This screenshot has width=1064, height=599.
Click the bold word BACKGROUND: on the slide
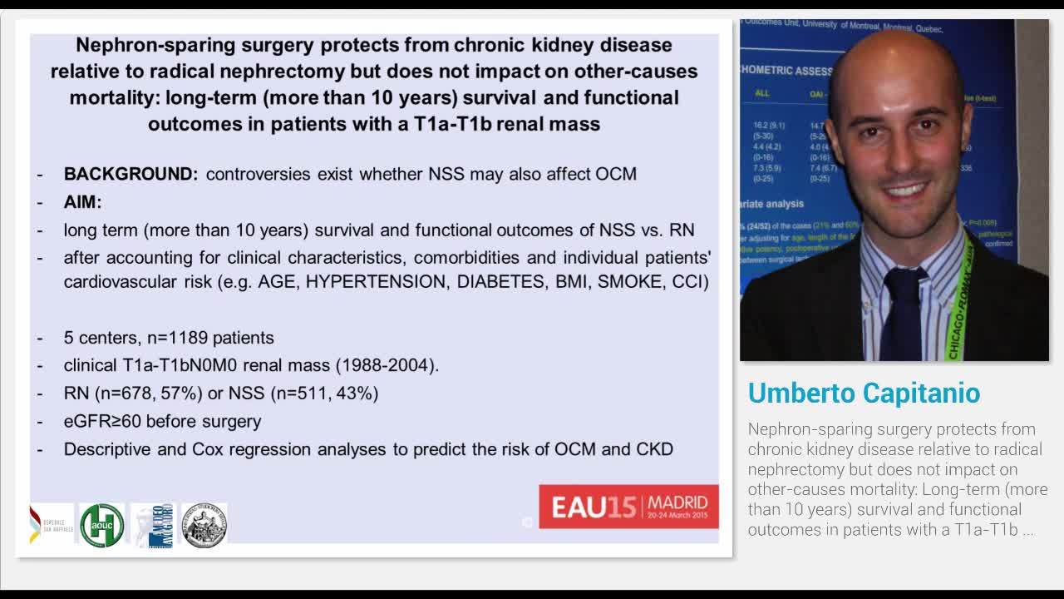coord(131,174)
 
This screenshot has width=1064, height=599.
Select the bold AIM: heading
coord(82,202)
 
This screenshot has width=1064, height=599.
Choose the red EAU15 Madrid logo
coord(628,506)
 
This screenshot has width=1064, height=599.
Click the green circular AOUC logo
coord(101,525)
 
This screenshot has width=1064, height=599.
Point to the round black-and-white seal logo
coord(204,525)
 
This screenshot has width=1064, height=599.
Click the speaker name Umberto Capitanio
coord(864,393)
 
